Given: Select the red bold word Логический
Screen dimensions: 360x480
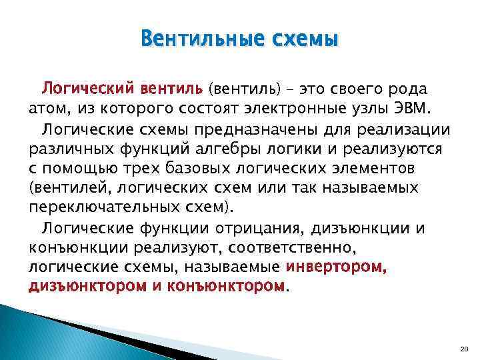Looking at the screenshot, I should click(x=89, y=89).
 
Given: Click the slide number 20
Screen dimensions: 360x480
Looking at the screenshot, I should click(x=465, y=350).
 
